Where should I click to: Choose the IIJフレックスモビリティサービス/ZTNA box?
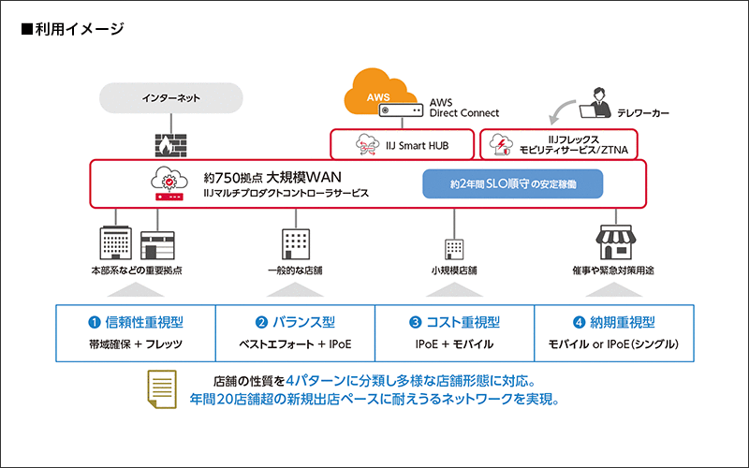coord(559,144)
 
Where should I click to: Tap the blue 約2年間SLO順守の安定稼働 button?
coord(512,184)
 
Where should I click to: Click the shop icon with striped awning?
coord(609,242)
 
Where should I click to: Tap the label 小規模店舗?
coord(454,271)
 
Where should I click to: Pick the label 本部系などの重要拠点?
coord(136,271)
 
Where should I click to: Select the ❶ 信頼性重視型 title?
coord(136,322)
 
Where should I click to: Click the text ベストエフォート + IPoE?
coord(295,344)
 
